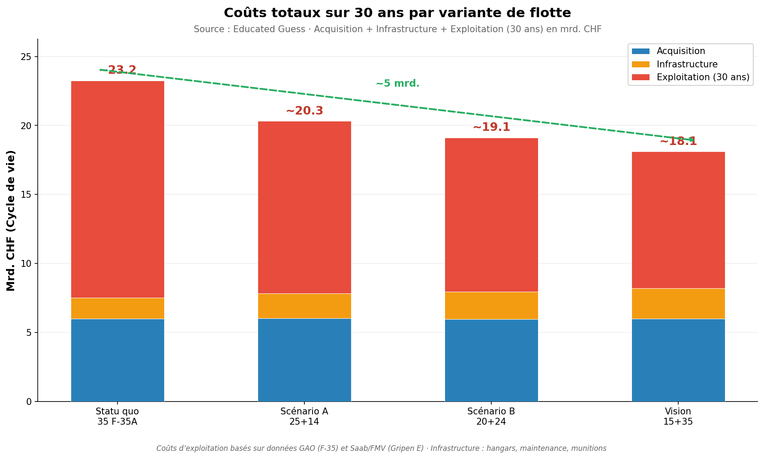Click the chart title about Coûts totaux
397,13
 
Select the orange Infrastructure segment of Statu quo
117,308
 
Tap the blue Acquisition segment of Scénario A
304,359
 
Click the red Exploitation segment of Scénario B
491,214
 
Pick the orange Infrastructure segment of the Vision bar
678,303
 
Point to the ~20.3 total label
304,111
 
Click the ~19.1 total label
491,127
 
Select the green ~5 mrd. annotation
397,84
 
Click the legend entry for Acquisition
680,51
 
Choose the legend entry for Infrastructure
687,64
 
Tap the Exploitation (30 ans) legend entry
703,77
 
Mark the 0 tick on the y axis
29,402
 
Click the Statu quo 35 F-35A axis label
117,417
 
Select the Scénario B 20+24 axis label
491,417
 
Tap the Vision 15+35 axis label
678,417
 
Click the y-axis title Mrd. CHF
11,220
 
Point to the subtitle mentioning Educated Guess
397,29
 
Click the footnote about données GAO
381,448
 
